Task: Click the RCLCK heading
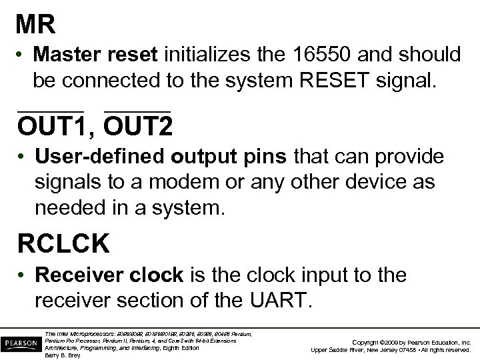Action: coord(64,244)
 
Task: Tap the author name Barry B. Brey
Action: coord(62,355)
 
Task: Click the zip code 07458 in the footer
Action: coord(393,349)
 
